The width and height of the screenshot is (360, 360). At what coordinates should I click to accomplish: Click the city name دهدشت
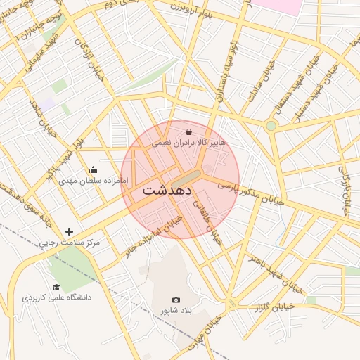[x=167, y=190]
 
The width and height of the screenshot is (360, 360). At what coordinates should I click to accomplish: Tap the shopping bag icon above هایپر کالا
[x=189, y=131]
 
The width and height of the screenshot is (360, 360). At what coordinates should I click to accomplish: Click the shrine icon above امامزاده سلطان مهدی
[x=94, y=170]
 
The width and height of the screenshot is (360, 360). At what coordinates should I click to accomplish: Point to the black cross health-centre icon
[x=69, y=231]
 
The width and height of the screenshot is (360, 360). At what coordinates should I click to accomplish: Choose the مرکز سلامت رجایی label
[x=69, y=243]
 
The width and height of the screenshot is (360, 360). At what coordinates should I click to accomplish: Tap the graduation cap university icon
[x=56, y=286]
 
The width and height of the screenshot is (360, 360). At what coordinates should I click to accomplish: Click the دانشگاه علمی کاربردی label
[x=56, y=297]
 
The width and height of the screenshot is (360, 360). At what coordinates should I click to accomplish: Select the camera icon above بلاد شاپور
[x=176, y=300]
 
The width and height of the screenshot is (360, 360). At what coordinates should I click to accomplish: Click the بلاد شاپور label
[x=176, y=311]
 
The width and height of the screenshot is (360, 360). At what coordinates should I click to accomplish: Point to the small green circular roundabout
[x=271, y=125]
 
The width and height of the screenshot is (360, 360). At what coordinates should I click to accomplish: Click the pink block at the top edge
[x=276, y=6]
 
